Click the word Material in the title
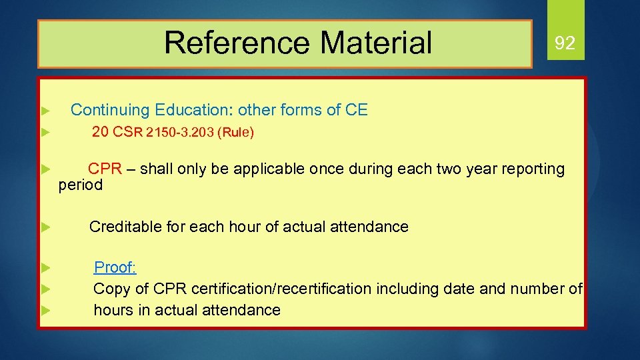[x=376, y=43]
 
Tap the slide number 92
[x=565, y=44]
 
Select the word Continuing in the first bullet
[x=110, y=110]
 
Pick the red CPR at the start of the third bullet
[x=105, y=169]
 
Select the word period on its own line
[x=81, y=185]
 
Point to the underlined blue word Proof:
[x=115, y=267]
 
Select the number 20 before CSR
[x=100, y=132]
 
